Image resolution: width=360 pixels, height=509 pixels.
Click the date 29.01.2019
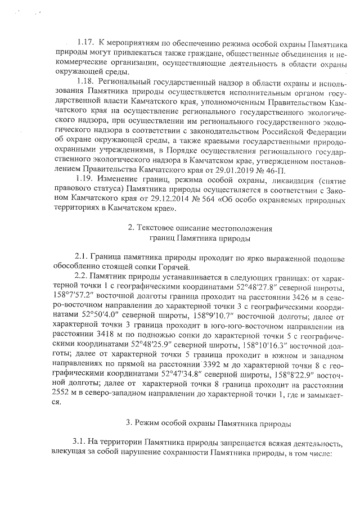click(242, 169)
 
